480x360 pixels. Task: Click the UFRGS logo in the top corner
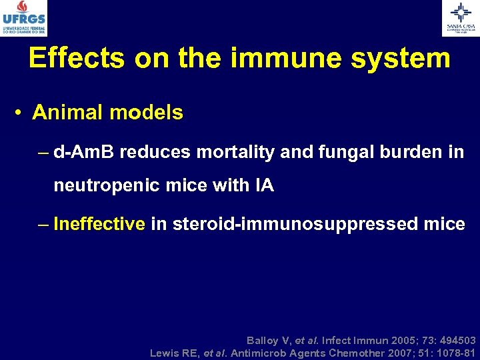24,18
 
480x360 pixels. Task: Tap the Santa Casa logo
460,18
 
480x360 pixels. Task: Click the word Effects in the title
77,59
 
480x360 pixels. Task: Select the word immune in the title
282,59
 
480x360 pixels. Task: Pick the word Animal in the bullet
63,113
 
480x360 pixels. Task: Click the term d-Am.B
83,152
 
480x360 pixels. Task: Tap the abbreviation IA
264,185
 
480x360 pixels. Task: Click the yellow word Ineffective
99,224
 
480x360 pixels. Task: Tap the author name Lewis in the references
165,353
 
